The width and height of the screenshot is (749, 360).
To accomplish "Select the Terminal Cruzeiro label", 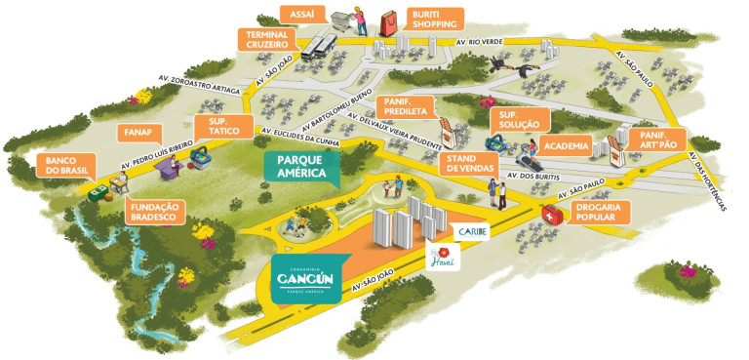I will [x=267, y=39].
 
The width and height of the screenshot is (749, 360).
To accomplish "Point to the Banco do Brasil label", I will [x=65, y=163].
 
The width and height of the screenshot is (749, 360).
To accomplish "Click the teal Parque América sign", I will [x=301, y=167].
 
